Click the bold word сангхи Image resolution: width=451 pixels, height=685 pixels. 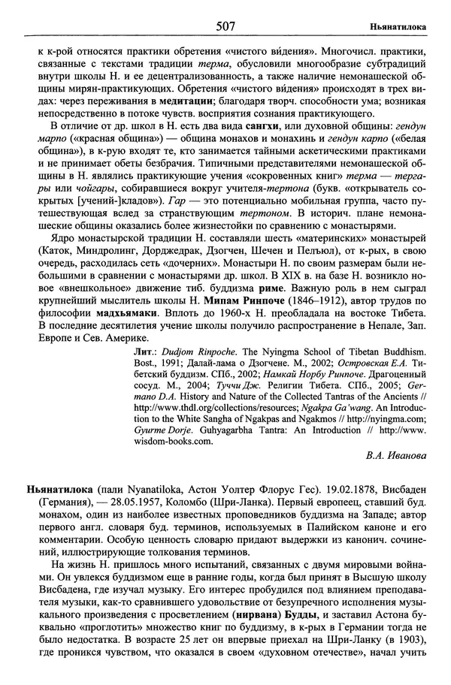point(260,125)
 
